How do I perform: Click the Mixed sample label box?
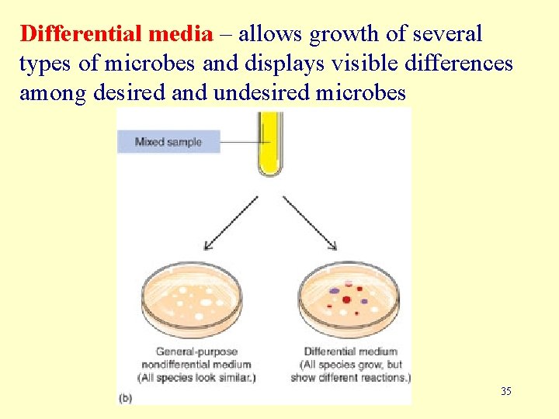click(168, 142)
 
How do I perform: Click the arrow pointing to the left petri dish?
click(230, 223)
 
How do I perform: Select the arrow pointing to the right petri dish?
click(310, 223)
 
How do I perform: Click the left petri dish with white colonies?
click(195, 300)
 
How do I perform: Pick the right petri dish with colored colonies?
click(349, 300)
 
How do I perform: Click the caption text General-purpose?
click(196, 351)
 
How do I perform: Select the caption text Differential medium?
click(350, 351)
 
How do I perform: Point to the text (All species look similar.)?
click(196, 378)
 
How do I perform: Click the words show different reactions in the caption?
click(350, 378)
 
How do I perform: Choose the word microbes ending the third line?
click(362, 93)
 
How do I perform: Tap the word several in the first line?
click(449, 34)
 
